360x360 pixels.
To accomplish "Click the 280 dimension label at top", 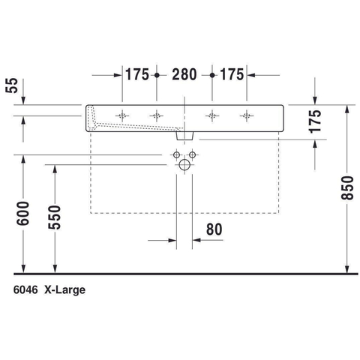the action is (184, 74).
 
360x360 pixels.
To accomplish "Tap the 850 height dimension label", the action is (347, 187).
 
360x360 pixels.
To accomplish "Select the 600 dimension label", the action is (23, 213).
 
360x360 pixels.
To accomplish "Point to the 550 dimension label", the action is (55, 217).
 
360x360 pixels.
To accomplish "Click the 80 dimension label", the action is (214, 229).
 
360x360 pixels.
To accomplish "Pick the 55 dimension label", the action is (12, 85).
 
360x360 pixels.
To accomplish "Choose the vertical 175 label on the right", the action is (315, 121).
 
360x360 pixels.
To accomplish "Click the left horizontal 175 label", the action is (137, 74).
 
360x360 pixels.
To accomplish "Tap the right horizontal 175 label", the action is (232, 74).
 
